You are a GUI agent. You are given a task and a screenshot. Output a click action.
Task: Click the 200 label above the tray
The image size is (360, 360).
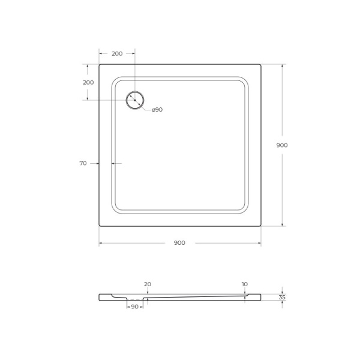(x=117, y=53)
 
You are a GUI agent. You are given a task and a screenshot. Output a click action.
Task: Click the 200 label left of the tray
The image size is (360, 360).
(x=88, y=82)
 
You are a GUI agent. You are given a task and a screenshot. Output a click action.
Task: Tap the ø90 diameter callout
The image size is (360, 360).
(x=157, y=110)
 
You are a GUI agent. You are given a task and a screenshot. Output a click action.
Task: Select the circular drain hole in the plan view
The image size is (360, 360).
(x=135, y=100)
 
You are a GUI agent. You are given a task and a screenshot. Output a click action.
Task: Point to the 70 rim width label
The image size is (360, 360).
(x=83, y=163)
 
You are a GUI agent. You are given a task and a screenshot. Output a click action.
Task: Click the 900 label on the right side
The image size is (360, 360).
(x=282, y=145)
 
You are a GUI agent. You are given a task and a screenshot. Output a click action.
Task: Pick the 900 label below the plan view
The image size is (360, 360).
(x=179, y=243)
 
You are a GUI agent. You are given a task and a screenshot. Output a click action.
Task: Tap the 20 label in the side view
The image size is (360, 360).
(x=148, y=284)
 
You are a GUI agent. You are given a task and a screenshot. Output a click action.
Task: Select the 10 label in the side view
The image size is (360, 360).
(x=245, y=284)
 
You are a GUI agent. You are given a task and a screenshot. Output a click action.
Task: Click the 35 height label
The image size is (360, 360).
(x=282, y=297)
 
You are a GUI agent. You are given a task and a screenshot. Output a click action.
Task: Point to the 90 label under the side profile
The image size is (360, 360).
(x=134, y=307)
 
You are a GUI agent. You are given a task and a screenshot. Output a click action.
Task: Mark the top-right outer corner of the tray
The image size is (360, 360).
(x=260, y=65)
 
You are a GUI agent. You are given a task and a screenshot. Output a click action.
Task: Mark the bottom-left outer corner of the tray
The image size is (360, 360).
(x=100, y=226)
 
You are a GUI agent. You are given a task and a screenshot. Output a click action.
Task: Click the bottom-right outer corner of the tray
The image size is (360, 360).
(x=260, y=226)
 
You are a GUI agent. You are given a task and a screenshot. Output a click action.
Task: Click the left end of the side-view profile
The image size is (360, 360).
(x=100, y=296)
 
